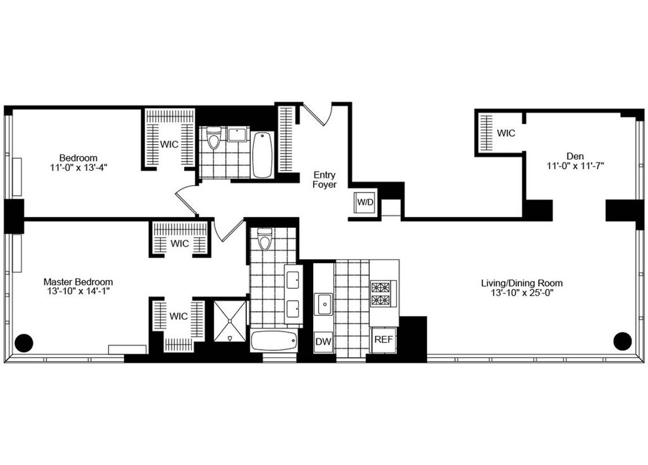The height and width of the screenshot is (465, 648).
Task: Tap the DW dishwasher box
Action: click(x=323, y=341)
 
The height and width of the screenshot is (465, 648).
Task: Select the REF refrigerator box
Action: click(x=384, y=340)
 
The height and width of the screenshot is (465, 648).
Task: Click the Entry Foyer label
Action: click(x=326, y=180)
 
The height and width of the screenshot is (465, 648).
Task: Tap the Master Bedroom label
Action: click(x=78, y=282)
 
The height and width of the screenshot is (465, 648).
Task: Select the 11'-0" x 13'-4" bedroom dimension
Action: click(x=79, y=167)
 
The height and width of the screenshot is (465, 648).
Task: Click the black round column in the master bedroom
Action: click(x=24, y=341)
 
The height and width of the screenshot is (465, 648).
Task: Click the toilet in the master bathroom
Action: click(x=264, y=239)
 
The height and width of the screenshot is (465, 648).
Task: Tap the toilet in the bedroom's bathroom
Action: click(x=214, y=139)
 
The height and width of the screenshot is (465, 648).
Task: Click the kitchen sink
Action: click(x=324, y=304)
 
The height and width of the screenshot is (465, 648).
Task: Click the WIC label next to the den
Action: click(x=506, y=133)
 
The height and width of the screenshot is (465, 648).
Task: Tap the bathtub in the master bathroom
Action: click(x=274, y=341)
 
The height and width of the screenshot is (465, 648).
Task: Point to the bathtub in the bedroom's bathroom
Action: click(x=263, y=154)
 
